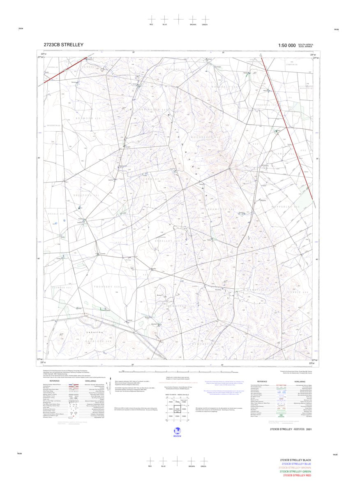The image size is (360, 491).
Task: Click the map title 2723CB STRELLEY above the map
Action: pos(63,45)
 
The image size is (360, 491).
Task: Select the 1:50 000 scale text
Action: pos(286,45)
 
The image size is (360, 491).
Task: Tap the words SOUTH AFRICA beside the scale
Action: pos(306,44)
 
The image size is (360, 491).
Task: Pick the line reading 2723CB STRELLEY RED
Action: pos(296,475)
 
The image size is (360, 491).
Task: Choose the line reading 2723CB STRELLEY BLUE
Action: pos(296,463)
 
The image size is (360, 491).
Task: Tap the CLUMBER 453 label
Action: pos(62,287)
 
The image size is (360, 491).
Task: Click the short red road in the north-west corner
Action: pos(66,67)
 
